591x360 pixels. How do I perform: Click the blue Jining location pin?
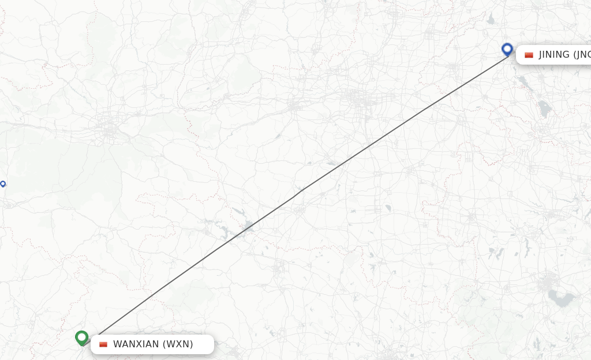(507, 49)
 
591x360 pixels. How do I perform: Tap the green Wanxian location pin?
(81, 337)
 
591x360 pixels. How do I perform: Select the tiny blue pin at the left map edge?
(3, 184)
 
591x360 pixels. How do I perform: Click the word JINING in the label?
(554, 55)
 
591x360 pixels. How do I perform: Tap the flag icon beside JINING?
(529, 55)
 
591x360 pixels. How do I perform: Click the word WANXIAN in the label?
(136, 344)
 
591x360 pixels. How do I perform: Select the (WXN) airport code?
(178, 344)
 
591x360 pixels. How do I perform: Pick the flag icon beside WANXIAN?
(103, 344)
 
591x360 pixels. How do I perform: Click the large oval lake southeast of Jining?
(544, 108)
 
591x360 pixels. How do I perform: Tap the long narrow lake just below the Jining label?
(525, 85)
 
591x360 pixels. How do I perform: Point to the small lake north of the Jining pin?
(491, 19)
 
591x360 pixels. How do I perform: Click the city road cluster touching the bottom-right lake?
(545, 284)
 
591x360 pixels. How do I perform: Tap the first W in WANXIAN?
(117, 344)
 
